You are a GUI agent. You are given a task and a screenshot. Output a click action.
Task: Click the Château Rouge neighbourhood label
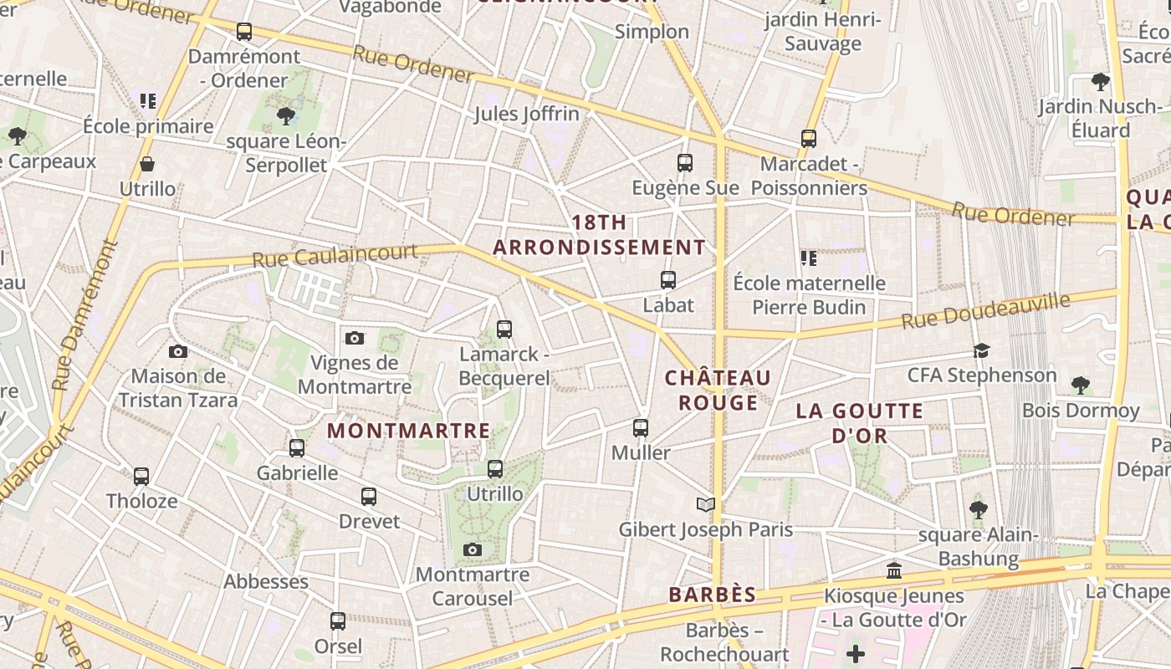[x=718, y=391]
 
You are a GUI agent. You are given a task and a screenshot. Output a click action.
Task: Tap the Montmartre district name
[x=408, y=431]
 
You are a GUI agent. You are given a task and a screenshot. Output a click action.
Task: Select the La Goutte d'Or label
[x=860, y=423]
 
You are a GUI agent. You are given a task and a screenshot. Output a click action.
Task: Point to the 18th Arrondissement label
[x=600, y=235]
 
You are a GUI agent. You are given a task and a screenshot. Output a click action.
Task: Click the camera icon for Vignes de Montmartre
[x=355, y=338]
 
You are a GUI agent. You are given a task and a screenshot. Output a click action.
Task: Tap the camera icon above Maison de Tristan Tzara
[x=178, y=351]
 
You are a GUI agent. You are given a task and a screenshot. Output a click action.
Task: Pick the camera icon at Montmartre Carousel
[x=473, y=549]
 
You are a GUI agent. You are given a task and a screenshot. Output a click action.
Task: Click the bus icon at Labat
[x=668, y=280]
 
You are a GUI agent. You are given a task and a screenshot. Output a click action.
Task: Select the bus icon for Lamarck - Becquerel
[x=504, y=329]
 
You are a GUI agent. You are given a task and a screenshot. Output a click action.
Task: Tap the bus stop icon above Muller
[x=641, y=428]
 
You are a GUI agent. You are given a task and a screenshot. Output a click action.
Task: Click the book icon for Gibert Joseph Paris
[x=706, y=504]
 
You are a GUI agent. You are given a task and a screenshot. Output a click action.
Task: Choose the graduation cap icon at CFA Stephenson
[x=981, y=350]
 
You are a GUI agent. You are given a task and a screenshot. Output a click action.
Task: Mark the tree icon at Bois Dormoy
[x=1081, y=386]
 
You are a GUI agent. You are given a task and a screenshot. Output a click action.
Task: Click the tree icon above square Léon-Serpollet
[x=286, y=116]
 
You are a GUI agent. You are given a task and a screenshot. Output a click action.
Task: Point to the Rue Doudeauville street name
[x=986, y=310]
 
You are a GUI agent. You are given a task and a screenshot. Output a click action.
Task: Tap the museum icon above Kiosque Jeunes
[x=894, y=571]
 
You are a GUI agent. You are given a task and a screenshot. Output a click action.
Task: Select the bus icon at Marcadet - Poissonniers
[x=809, y=139]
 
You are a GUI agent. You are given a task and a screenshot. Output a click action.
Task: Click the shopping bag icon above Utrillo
[x=147, y=164]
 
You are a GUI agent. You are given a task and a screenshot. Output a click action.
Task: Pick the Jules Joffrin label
[x=527, y=114]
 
